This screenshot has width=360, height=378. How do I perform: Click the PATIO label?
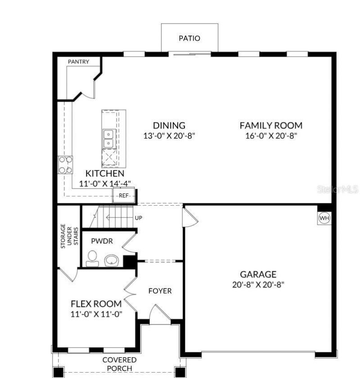189,38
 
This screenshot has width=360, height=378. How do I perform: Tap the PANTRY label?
78,62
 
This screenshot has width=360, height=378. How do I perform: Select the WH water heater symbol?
324,218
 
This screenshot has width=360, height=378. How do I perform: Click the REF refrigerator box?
124,196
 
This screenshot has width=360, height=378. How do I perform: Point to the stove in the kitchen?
65,165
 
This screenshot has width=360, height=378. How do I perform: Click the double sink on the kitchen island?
108,139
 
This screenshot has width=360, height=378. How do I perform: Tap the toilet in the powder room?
93,258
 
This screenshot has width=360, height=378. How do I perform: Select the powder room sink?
111,260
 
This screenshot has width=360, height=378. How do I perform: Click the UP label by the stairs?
139,218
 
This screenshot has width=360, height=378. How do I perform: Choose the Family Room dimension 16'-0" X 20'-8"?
271,135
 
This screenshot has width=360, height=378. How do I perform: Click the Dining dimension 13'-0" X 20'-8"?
169,135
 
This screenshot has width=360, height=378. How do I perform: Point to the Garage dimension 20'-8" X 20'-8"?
258,284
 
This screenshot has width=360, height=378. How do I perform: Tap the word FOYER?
160,291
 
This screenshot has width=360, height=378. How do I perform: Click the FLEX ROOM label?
96,304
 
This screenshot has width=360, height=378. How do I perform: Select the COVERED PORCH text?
119,364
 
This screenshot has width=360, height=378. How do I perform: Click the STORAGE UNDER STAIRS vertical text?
69,234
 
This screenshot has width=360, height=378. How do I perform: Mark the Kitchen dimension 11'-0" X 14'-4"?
105,183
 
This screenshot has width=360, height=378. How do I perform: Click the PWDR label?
102,241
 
